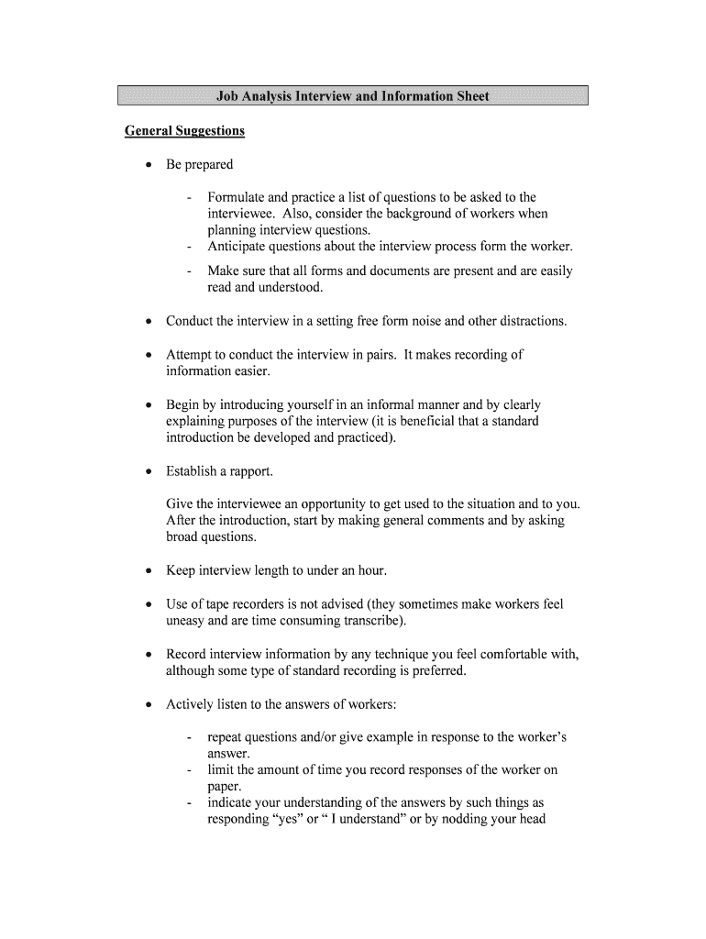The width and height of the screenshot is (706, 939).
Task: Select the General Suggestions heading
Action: (x=184, y=131)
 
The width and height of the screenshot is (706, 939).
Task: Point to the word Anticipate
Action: (x=238, y=247)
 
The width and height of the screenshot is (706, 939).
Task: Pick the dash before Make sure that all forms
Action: (x=189, y=271)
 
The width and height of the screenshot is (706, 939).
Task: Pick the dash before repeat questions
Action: (x=189, y=737)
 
